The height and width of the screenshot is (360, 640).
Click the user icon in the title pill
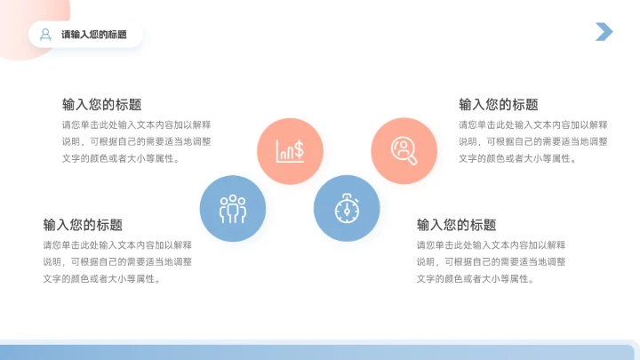tap(44, 35)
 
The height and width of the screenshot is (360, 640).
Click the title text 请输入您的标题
tap(94, 35)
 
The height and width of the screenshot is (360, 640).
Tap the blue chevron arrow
tap(604, 32)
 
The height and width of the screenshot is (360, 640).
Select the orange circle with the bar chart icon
tap(290, 150)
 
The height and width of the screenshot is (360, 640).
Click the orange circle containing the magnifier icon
tap(404, 150)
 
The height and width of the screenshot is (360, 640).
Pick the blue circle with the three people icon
tap(233, 208)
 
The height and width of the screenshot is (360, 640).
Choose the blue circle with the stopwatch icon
tap(347, 208)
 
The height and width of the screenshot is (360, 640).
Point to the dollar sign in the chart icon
tap(299, 149)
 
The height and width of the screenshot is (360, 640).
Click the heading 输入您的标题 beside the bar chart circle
tap(101, 104)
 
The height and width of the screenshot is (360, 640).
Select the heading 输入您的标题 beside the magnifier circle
tap(498, 104)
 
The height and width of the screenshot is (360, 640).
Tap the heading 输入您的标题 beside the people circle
tap(83, 225)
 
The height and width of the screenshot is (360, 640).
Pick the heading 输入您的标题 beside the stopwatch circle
tap(456, 225)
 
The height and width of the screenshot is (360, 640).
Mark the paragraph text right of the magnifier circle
tap(533, 141)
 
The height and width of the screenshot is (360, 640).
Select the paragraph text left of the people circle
tap(117, 261)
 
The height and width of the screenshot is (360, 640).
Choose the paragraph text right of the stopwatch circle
tap(491, 261)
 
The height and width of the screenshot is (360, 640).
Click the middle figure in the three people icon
tap(233, 206)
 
